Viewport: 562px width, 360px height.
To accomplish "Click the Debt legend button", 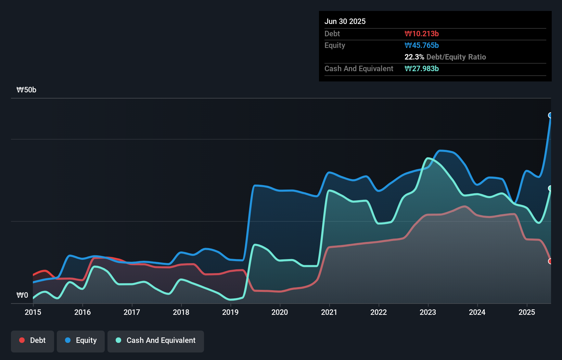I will pyautogui.click(x=33, y=340).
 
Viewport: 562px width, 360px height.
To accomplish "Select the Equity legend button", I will pyautogui.click(x=81, y=340).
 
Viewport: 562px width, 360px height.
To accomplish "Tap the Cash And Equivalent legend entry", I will pyautogui.click(x=156, y=340).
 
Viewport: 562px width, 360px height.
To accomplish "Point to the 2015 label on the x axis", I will pyautogui.click(x=33, y=312).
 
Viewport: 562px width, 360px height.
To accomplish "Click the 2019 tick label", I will pyautogui.click(x=230, y=312).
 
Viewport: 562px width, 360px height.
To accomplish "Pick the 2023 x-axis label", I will pyautogui.click(x=428, y=312).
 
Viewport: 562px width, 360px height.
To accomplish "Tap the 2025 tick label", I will pyautogui.click(x=526, y=312).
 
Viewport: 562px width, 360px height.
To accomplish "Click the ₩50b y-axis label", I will pyautogui.click(x=26, y=90).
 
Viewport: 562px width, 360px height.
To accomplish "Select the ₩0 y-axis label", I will pyautogui.click(x=22, y=295).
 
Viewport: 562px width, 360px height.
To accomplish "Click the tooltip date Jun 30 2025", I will pyautogui.click(x=345, y=21).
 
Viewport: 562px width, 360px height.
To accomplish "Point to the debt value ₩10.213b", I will pyautogui.click(x=422, y=34).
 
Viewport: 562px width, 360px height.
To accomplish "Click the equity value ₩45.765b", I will pyautogui.click(x=422, y=45).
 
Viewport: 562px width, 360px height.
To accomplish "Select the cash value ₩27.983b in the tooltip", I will pyautogui.click(x=422, y=68).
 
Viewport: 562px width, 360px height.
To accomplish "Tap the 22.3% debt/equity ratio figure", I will pyautogui.click(x=414, y=57).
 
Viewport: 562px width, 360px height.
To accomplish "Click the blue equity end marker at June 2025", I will pyautogui.click(x=550, y=115).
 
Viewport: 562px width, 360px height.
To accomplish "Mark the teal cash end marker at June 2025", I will pyautogui.click(x=550, y=188).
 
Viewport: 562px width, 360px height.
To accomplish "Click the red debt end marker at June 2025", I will pyautogui.click(x=550, y=261).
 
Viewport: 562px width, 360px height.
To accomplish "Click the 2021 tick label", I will pyautogui.click(x=329, y=312).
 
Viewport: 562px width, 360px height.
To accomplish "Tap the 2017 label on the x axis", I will pyautogui.click(x=132, y=312).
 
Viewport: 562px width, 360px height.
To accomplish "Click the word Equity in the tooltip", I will pyautogui.click(x=335, y=45).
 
